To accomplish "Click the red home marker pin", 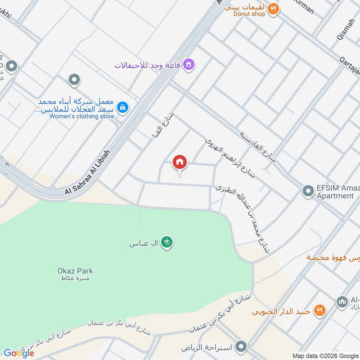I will pyautogui.click(x=180, y=163).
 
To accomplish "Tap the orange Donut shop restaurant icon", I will pyautogui.click(x=273, y=9).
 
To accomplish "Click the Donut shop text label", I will pyautogui.click(x=249, y=14).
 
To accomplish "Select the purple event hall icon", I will pyautogui.click(x=189, y=65).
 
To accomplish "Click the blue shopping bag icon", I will pyautogui.click(x=122, y=107).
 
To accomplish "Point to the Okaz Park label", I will pyautogui.click(x=75, y=271).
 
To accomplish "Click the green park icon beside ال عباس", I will pyautogui.click(x=167, y=243).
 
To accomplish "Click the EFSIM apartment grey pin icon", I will pyautogui.click(x=308, y=192).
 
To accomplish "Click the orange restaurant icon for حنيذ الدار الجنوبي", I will pyautogui.click(x=319, y=310).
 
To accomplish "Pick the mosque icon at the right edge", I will pyautogui.click(x=342, y=301).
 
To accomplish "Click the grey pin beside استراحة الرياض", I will pyautogui.click(x=242, y=347).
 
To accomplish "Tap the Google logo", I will pyautogui.click(x=18, y=353).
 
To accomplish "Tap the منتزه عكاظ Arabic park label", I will pyautogui.click(x=75, y=279).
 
